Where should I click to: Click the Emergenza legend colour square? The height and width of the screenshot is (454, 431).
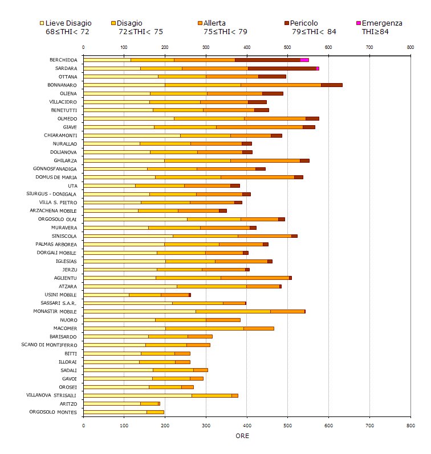[358, 23]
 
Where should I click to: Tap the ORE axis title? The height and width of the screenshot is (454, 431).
[242, 436]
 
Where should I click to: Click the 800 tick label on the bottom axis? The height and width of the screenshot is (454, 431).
[410, 424]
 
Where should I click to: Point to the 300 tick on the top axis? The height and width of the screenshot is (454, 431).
[205, 47]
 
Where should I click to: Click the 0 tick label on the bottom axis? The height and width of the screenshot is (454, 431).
[83, 424]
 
